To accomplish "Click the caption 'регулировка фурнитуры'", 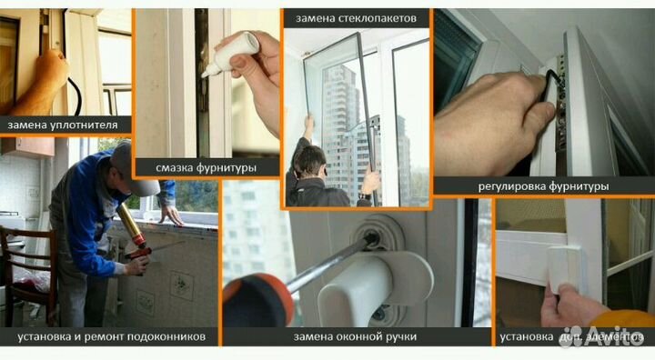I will pos(542,185).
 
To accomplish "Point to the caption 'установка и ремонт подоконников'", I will pos(111,337).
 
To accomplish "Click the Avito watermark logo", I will pos(604,337).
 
